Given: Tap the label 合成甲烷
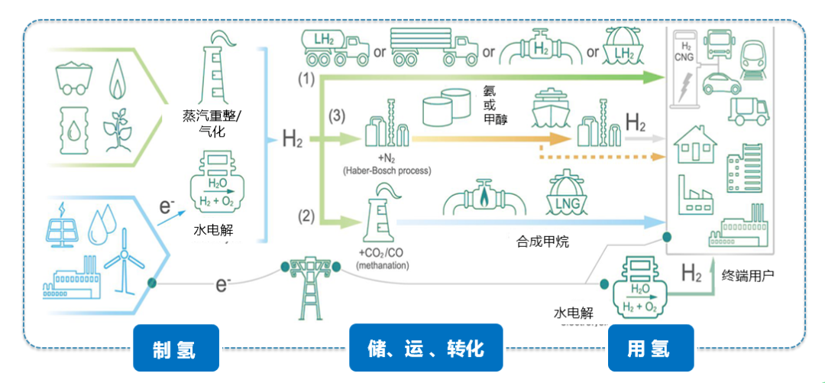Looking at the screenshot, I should pos(542,242).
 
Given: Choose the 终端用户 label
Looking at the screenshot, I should pos(748,273).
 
